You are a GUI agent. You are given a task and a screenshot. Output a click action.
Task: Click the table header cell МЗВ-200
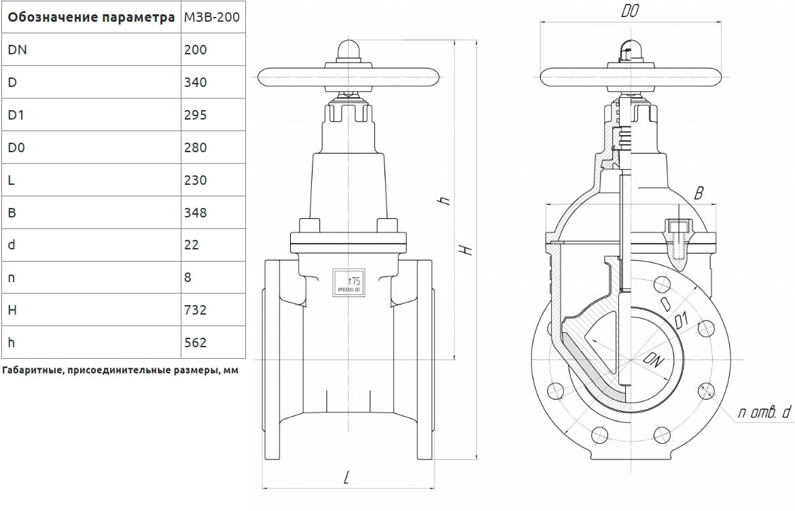coord(212,17)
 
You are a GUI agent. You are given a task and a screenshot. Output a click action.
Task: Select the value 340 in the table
coord(196,82)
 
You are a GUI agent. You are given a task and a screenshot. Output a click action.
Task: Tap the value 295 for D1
coord(196,115)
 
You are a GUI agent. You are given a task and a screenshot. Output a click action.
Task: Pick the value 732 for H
coord(196,310)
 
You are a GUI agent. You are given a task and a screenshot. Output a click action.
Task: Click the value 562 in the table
coord(196,342)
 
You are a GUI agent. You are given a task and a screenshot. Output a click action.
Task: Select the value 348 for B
coord(196,213)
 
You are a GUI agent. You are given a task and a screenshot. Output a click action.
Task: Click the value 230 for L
coord(196,180)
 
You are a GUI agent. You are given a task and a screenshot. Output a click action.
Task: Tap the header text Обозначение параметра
coord(91,17)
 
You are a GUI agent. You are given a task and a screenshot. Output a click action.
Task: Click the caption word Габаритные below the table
coord(31,371)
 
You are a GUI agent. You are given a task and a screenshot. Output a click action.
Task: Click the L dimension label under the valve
coord(346,478)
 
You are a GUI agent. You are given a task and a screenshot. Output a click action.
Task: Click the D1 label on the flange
coord(683,319)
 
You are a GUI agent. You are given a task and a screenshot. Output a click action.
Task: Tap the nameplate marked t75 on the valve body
coord(348,281)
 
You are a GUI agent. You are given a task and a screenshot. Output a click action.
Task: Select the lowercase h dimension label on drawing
coord(444,200)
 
